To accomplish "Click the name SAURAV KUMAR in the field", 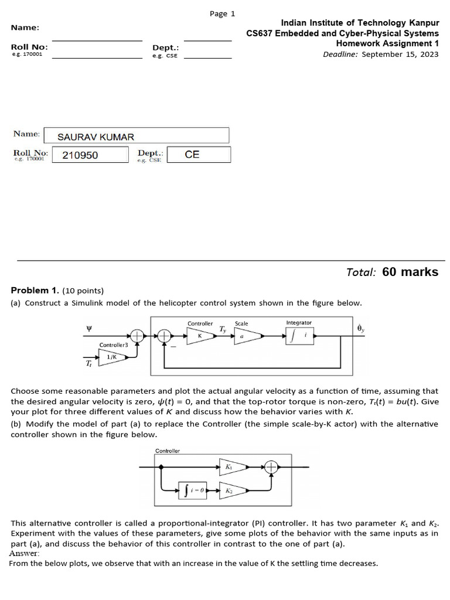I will point(96,137).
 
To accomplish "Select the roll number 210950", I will point(80,155).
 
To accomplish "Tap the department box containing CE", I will point(198,155).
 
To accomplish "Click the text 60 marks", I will point(410,272).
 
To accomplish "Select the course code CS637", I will point(264,33).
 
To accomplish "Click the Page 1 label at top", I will point(222,14).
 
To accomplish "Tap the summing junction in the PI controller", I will point(271,467).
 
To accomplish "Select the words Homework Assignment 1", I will point(387,43).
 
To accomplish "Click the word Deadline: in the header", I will point(340,54).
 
